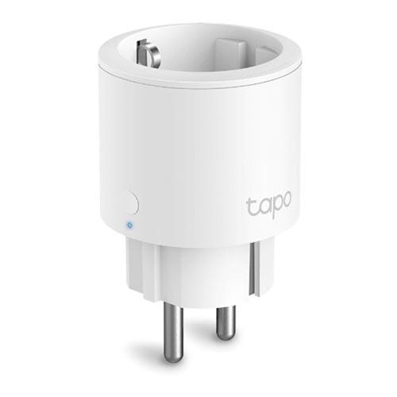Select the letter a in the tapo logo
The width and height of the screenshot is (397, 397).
(261, 208)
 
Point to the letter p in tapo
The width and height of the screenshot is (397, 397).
(274, 207)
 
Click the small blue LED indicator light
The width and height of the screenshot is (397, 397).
(129, 225)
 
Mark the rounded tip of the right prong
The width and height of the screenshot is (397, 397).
(225, 336)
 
